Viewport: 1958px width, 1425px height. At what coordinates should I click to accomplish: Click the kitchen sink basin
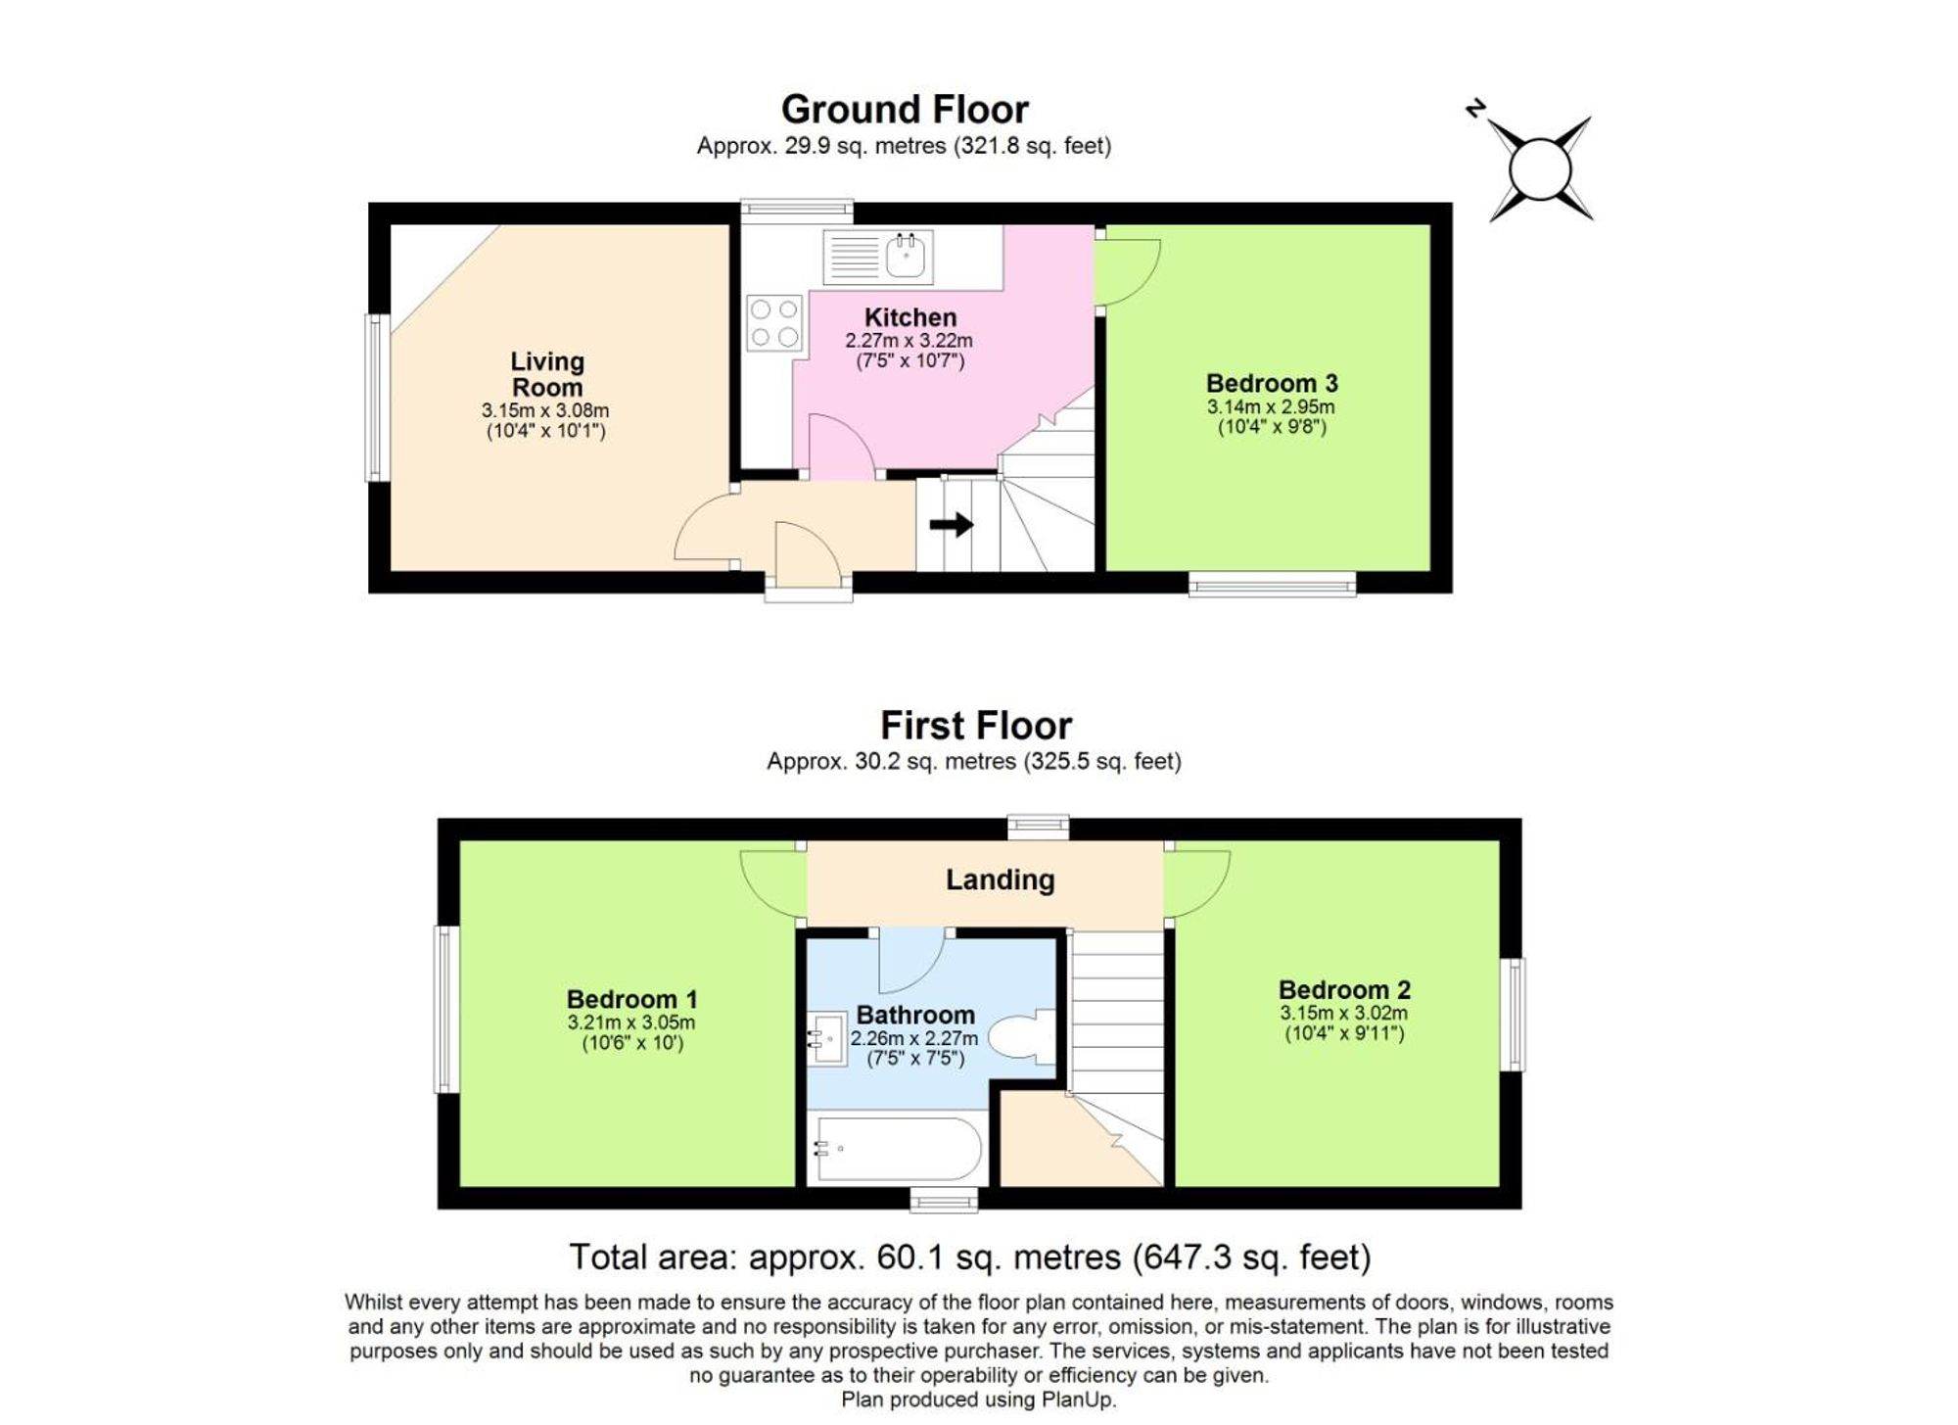coord(907,257)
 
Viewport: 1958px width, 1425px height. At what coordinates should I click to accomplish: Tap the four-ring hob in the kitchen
coord(773,323)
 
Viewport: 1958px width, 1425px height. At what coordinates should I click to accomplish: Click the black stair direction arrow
coord(951,525)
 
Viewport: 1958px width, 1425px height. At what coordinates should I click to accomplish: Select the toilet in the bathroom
coord(1022,1036)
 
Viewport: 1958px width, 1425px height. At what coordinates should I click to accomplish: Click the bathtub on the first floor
coord(896,1149)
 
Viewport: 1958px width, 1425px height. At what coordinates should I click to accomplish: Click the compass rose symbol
coord(1540,169)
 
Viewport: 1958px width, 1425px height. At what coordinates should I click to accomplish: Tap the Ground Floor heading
coord(905,109)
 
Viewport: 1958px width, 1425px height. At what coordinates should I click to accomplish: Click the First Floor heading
coord(975,726)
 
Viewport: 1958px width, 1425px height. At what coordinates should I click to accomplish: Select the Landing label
coord(1000,879)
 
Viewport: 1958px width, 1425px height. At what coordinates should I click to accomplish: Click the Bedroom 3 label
coord(1271,383)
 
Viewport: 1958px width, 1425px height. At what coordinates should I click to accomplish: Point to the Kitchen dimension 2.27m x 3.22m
coord(909,341)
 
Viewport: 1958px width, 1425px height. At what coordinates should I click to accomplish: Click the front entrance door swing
coord(805,553)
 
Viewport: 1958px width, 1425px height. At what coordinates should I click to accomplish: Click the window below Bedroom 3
coord(1272,585)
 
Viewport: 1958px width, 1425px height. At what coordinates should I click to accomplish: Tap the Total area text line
coord(969,1257)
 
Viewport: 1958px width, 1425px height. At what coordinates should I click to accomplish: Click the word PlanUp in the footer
coord(1078,1400)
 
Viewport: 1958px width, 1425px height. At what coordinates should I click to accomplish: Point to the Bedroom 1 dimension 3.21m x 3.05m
coord(630,1022)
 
